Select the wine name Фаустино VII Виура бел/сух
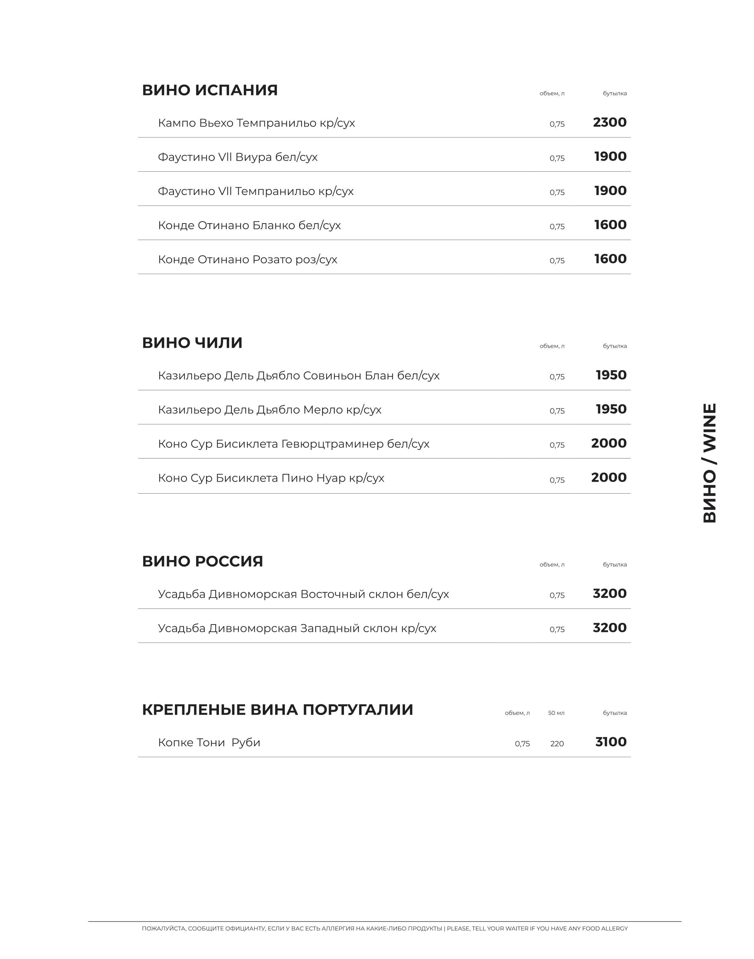238,157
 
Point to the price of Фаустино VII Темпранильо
610,191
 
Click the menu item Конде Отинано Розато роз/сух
247,260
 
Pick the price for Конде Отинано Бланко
610,225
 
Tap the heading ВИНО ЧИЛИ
192,343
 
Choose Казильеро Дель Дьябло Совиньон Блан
298,376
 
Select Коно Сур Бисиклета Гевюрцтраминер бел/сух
294,444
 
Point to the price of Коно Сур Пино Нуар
609,477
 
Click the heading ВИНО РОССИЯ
202,561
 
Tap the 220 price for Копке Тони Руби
557,744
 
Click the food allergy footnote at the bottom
385,928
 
